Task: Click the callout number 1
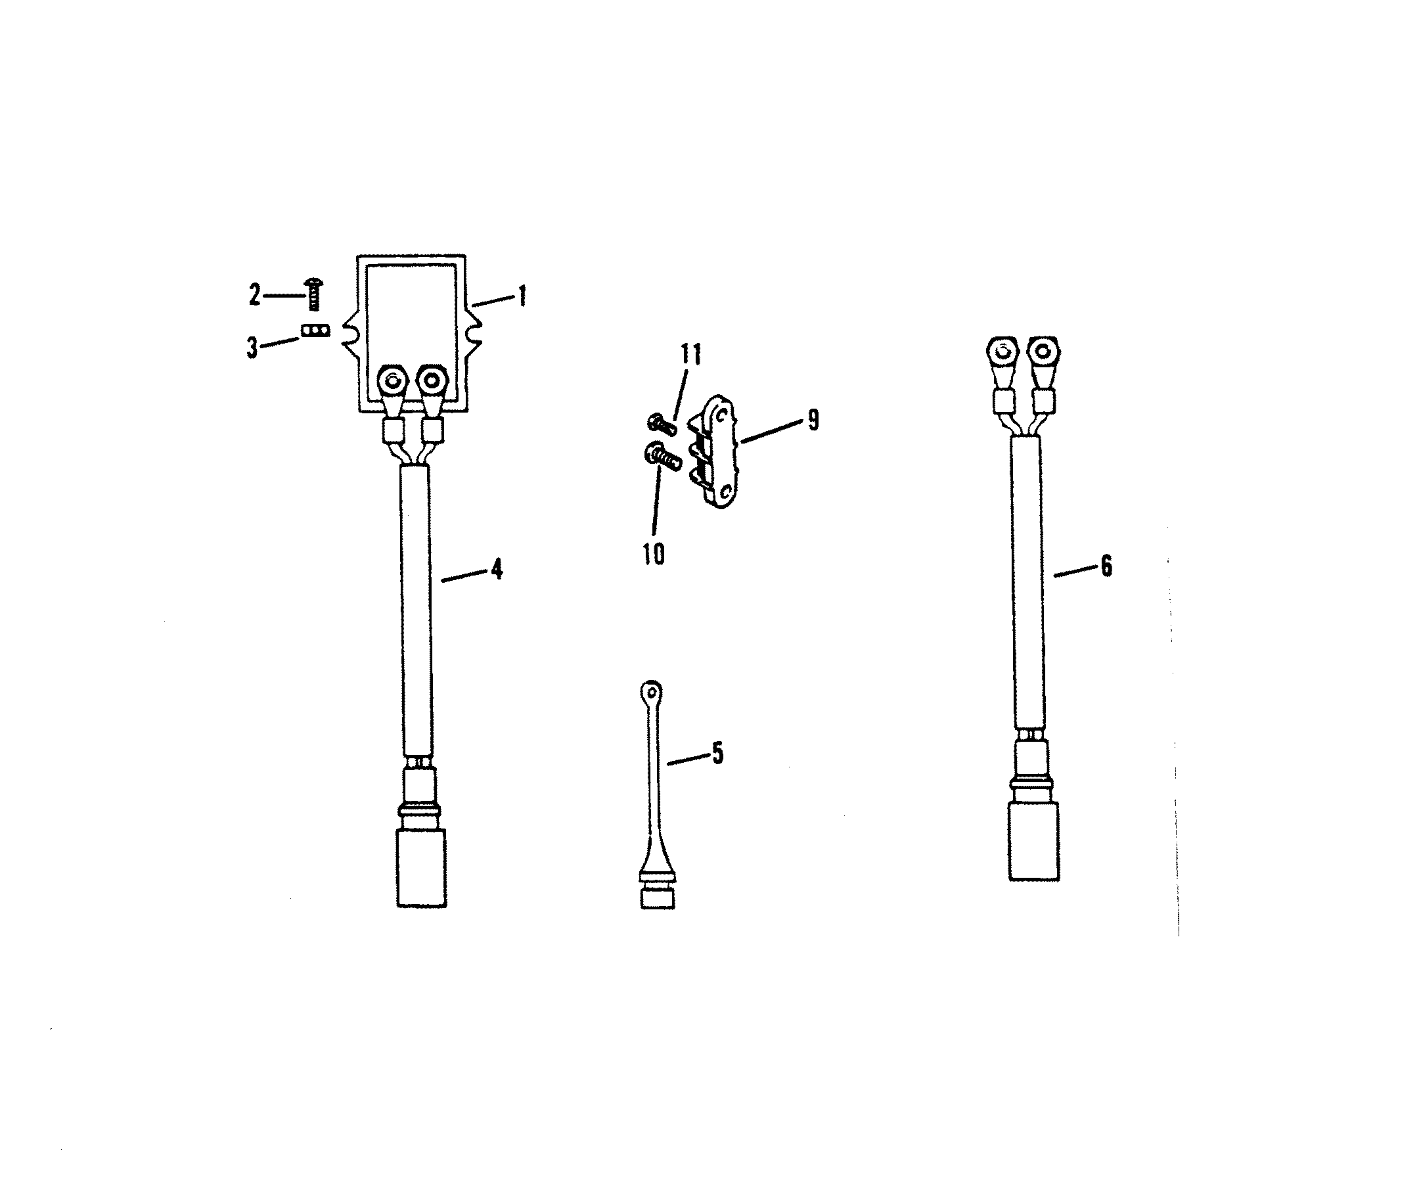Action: click(522, 296)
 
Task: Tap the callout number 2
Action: click(254, 294)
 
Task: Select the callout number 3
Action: click(252, 348)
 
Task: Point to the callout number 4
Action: click(497, 570)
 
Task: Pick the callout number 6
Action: click(1106, 566)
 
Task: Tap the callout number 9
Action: click(813, 421)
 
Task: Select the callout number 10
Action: click(654, 554)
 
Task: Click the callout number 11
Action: click(690, 354)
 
